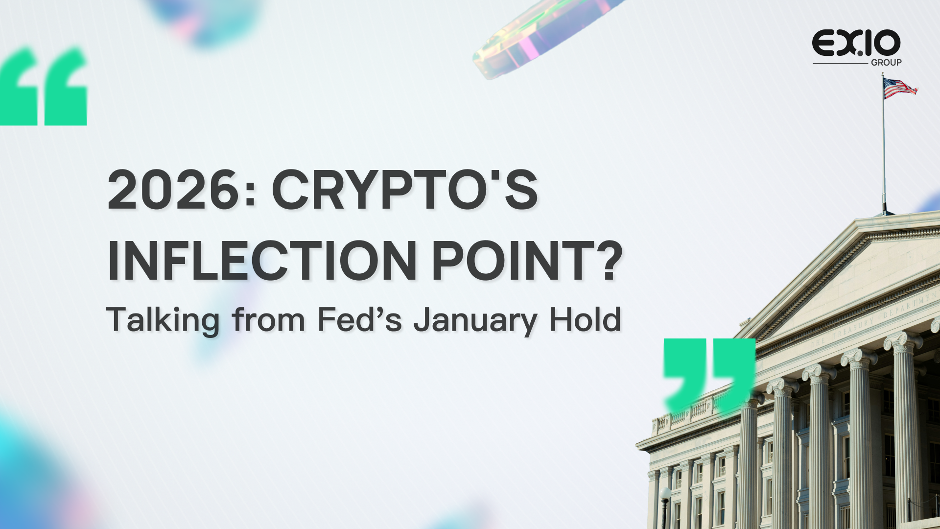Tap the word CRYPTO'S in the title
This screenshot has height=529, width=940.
click(405, 190)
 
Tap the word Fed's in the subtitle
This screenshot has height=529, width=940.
click(360, 319)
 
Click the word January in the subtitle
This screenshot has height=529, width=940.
click(475, 321)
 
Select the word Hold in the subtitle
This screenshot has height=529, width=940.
click(586, 319)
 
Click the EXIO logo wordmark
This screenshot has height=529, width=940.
click(856, 43)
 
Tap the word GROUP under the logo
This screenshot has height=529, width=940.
click(886, 63)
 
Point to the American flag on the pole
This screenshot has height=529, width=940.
click(900, 89)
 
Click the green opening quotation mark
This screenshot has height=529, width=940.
click(43, 86)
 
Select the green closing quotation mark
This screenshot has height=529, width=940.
click(709, 375)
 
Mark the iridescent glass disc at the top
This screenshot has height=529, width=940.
click(543, 37)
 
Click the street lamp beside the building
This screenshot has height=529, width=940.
click(665, 507)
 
